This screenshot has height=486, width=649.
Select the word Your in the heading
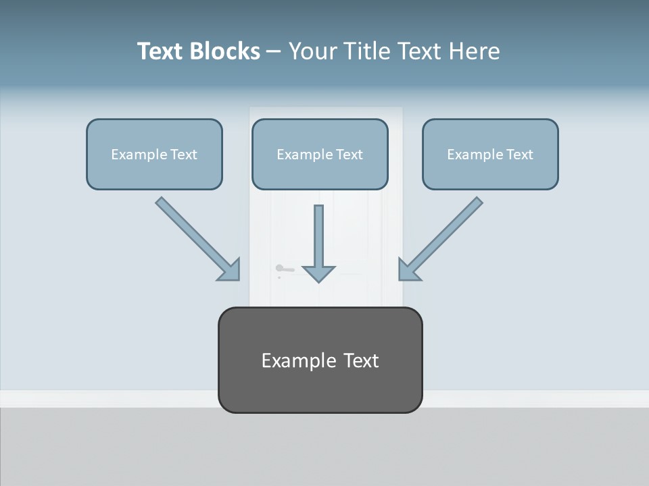pyautogui.click(x=314, y=51)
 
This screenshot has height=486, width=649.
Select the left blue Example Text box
pyautogui.click(x=154, y=155)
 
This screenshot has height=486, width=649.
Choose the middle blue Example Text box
pyautogui.click(x=320, y=155)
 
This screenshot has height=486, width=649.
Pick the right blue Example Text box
pyautogui.click(x=490, y=155)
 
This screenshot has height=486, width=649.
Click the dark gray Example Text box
pyautogui.click(x=320, y=360)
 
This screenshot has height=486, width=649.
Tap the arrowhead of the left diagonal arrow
pyautogui.click(x=231, y=271)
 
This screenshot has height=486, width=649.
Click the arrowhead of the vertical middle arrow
pyautogui.click(x=318, y=273)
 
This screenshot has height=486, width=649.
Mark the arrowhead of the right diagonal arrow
pyautogui.click(x=408, y=271)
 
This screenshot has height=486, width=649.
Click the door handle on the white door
pyautogui.click(x=284, y=270)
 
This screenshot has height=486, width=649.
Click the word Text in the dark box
pyautogui.click(x=361, y=360)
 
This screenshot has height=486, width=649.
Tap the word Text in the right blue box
pyautogui.click(x=519, y=155)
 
